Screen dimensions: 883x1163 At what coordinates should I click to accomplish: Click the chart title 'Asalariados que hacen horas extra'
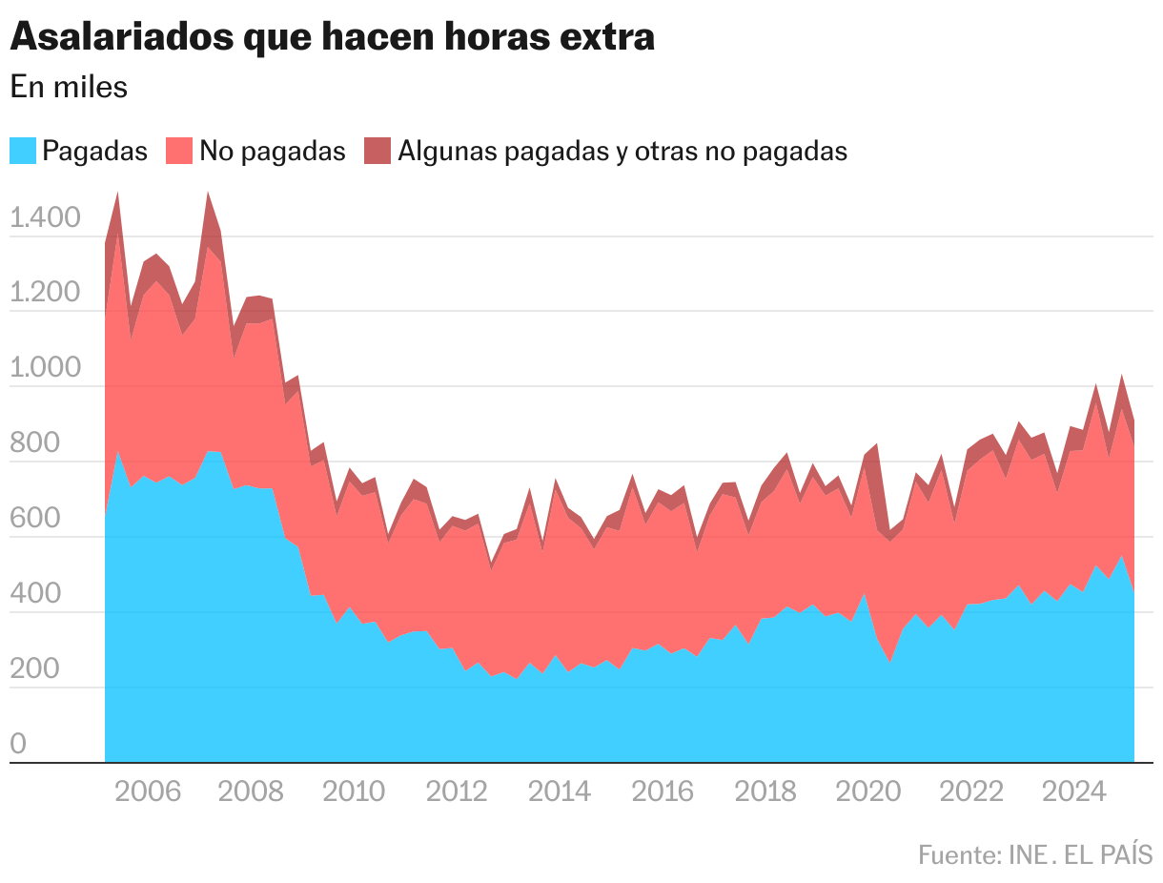(x=332, y=37)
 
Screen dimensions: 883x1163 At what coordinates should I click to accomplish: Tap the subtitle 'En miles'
(x=69, y=87)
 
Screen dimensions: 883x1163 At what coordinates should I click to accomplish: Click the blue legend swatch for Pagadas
(x=24, y=151)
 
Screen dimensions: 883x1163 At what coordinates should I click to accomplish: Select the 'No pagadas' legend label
(x=273, y=151)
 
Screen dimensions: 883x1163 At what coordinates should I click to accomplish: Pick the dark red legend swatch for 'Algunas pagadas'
(x=377, y=151)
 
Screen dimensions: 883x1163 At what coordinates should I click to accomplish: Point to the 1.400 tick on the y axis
(x=45, y=218)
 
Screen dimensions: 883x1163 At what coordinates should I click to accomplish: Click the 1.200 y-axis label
(x=45, y=294)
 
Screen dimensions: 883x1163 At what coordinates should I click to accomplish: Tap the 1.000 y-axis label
(x=45, y=369)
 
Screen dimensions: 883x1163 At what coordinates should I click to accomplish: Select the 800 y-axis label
(x=35, y=444)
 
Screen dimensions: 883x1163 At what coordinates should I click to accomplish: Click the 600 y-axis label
(x=35, y=520)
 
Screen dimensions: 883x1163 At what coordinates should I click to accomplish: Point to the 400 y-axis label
(x=35, y=595)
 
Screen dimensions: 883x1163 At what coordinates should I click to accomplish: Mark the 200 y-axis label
(x=35, y=670)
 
